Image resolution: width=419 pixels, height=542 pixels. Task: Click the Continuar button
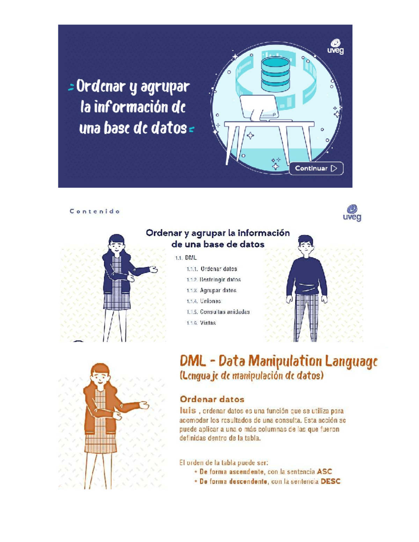[x=316, y=168]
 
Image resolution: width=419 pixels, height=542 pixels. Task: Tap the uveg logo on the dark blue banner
[x=335, y=47]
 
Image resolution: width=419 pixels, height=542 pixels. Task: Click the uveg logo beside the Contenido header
[x=352, y=213]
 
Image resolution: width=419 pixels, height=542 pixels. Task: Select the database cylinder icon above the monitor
[x=275, y=74]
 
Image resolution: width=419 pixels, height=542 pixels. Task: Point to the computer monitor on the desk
[x=258, y=106]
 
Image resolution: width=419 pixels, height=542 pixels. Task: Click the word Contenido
[x=95, y=211]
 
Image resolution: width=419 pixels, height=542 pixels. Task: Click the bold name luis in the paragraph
[x=188, y=410]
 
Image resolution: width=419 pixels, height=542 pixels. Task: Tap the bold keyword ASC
[x=324, y=472]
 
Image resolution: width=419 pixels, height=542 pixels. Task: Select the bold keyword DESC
[x=330, y=482]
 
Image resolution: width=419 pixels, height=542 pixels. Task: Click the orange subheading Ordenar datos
[x=212, y=399]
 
